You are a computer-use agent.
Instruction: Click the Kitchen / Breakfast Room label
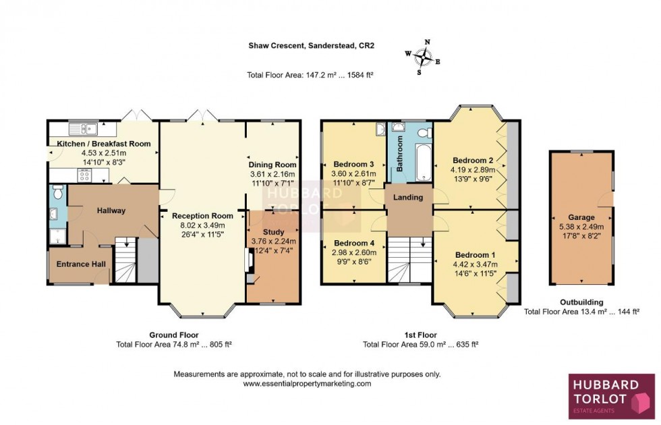(x=103, y=144)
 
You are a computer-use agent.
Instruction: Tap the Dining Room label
(x=272, y=165)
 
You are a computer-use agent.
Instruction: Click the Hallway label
(x=111, y=210)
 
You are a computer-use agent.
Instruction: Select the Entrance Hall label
(x=81, y=264)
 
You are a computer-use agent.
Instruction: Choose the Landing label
(x=409, y=198)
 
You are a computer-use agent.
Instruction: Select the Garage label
(x=581, y=217)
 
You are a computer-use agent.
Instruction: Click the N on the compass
(x=426, y=42)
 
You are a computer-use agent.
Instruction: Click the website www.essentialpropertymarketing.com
(x=307, y=383)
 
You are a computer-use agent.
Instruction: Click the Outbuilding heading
(x=581, y=302)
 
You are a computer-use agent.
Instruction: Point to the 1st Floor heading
(x=420, y=335)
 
